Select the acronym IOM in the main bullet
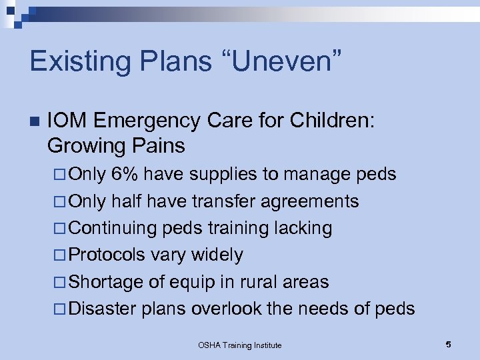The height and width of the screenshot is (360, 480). pos(67,121)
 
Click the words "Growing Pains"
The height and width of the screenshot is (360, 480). pos(116,145)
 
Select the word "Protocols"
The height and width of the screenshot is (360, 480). pos(107,255)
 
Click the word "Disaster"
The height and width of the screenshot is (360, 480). pos(103,309)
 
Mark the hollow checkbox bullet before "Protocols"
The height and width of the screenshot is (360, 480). pos(60,255)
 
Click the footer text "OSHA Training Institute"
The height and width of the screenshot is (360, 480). pos(240,345)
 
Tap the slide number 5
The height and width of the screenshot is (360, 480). pos(448,344)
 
